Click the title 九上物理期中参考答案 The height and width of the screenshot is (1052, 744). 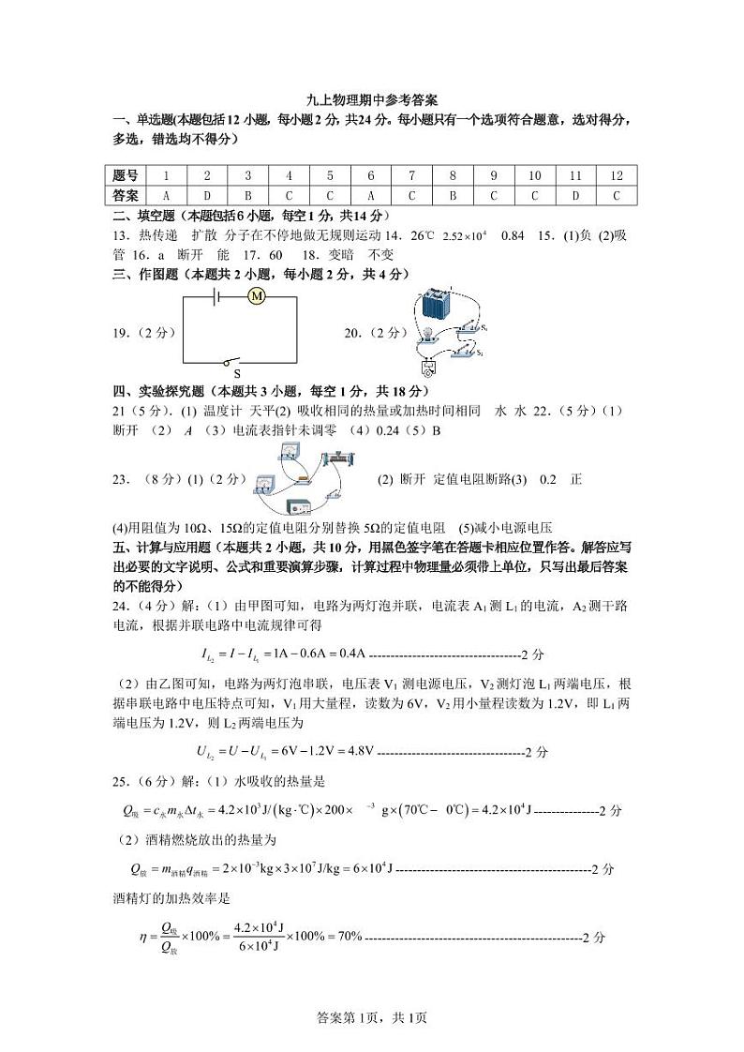pyautogui.click(x=372, y=100)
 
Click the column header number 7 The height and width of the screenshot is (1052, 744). pyautogui.click(x=411, y=175)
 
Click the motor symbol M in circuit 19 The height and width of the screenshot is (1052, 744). pyautogui.click(x=256, y=296)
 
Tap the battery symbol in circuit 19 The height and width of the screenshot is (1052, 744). pyautogui.click(x=216, y=296)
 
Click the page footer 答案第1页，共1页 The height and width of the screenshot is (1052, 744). pyautogui.click(x=372, y=1018)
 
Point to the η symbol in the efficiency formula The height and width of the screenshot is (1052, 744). pyautogui.click(x=143, y=937)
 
